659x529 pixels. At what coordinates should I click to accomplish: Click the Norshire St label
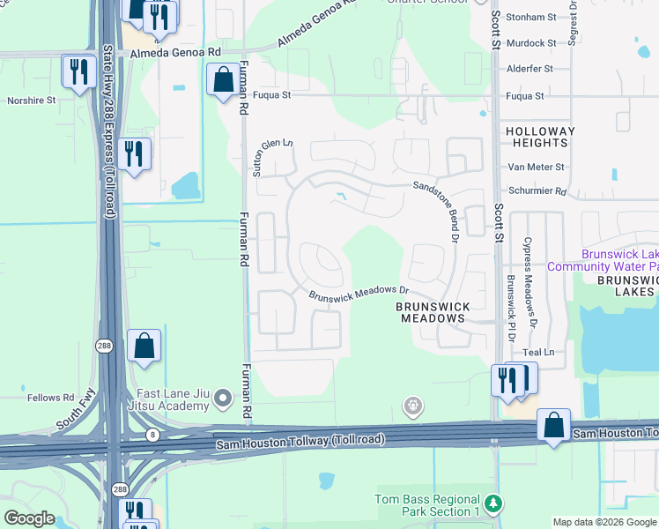31,101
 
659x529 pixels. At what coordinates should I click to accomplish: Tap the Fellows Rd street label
50,398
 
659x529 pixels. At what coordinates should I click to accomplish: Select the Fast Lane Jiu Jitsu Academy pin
224,399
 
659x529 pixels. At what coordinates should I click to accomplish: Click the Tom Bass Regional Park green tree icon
494,503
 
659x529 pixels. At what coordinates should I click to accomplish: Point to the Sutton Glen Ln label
272,159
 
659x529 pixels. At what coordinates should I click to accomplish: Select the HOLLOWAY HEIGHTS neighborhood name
539,137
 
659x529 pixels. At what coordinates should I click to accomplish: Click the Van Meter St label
536,167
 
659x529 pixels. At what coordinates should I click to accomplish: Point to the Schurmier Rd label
536,190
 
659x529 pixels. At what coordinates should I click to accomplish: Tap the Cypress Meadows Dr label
530,283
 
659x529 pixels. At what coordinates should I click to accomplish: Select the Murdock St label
531,42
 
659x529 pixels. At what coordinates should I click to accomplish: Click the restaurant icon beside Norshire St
78,71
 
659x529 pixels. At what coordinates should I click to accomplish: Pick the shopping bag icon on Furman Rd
222,79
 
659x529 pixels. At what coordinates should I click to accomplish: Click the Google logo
29,518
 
